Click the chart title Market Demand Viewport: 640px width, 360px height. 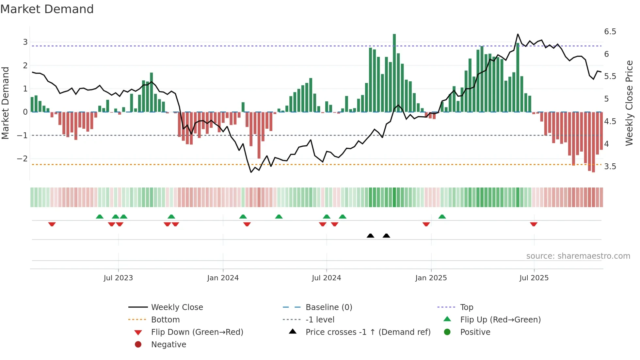pos(47,9)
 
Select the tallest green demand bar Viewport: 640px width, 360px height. pos(394,73)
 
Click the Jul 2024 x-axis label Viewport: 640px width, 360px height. pos(326,278)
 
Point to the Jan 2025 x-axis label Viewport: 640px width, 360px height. pos(431,278)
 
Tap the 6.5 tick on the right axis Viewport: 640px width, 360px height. pos(610,32)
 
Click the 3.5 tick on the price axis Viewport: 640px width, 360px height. pos(610,167)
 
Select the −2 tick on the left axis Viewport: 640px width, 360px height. pos(22,159)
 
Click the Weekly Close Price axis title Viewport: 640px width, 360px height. pos(629,103)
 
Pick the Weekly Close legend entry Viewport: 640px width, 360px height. pos(177,307)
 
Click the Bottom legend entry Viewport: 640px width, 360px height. pos(165,320)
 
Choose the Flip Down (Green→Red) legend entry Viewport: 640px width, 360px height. pos(197,332)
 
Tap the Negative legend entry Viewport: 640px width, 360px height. pos(168,345)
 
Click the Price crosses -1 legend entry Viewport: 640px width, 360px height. pos(368,332)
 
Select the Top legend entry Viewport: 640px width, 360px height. pos(466,307)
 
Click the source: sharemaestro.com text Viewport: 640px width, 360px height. pos(578,256)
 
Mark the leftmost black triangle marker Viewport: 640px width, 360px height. pos(370,236)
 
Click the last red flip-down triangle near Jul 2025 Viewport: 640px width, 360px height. pos(534,224)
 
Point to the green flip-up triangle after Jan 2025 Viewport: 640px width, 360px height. pos(442,217)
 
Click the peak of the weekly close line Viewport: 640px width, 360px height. pos(518,34)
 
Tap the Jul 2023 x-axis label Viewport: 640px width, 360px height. pos(118,278)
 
